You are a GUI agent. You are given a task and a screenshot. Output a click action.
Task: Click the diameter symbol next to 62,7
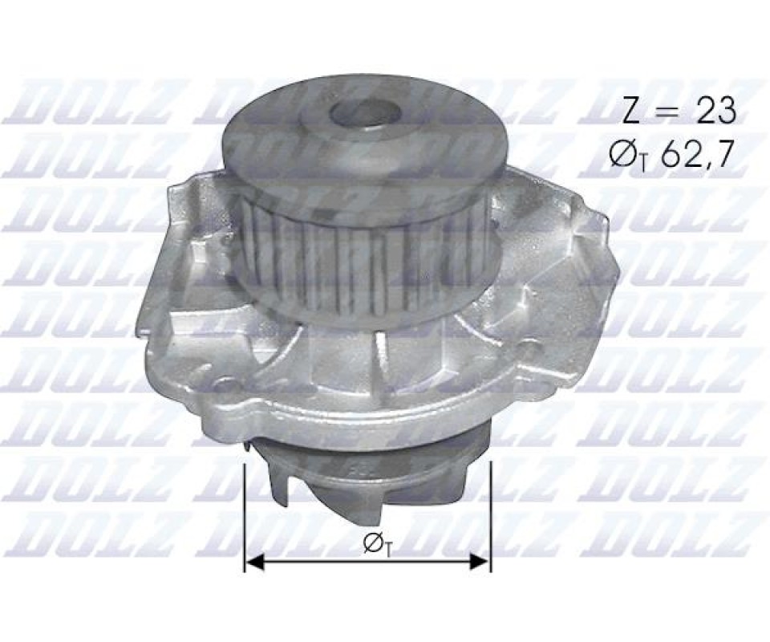627,154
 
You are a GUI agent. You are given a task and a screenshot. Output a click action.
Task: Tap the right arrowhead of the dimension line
480,563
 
